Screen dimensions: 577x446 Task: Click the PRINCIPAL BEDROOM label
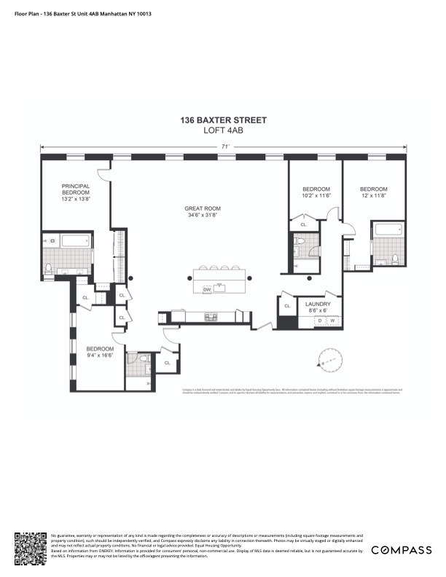click(x=75, y=190)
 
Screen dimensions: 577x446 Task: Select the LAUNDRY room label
click(x=318, y=304)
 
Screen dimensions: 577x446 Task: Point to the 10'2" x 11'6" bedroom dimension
click(x=316, y=195)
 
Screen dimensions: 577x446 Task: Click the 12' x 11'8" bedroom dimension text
click(x=374, y=195)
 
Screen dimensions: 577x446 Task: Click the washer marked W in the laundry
click(x=333, y=321)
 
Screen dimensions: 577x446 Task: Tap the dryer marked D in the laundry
click(x=319, y=321)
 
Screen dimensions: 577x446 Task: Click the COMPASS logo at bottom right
click(x=402, y=550)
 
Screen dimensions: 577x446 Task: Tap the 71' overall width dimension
click(x=226, y=147)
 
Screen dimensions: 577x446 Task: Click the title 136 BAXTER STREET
click(x=224, y=120)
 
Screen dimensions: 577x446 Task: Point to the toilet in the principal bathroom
click(x=49, y=269)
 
